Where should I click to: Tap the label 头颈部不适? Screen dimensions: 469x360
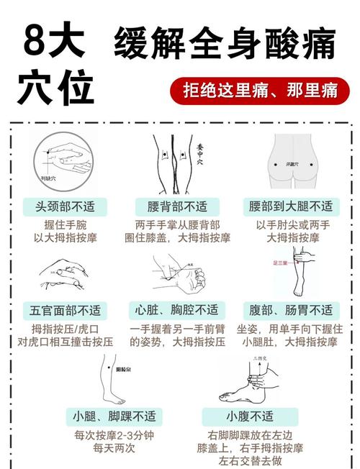point(61,206)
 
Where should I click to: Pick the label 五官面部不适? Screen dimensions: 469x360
point(61,311)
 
